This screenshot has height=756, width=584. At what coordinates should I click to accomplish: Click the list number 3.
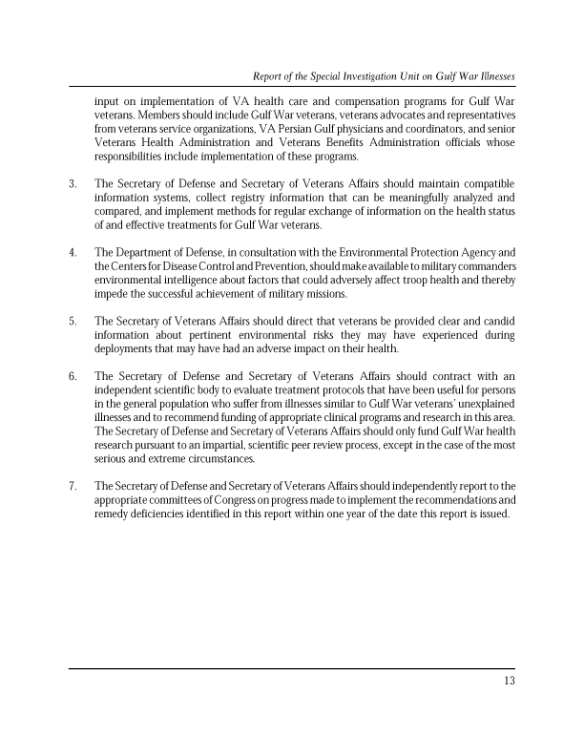73,183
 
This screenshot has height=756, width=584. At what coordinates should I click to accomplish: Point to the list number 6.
73,376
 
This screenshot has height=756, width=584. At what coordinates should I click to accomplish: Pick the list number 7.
73,486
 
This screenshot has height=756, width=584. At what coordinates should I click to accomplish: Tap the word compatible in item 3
487,183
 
